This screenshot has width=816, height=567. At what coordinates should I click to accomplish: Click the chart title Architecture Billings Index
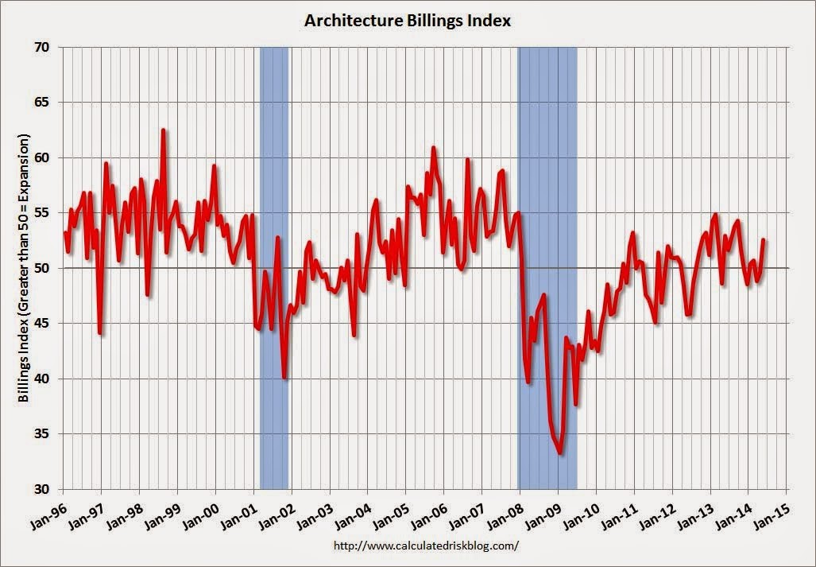408,21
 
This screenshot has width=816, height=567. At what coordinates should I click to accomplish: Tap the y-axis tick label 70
43,48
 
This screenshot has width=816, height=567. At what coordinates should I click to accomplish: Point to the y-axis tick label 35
43,434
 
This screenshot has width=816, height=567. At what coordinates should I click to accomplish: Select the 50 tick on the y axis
43,269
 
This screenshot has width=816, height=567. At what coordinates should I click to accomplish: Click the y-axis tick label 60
43,158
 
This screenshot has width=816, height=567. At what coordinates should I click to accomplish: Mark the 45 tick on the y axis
43,324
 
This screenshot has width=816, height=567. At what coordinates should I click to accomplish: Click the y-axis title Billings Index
25,268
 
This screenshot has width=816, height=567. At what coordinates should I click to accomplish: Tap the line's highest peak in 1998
163,130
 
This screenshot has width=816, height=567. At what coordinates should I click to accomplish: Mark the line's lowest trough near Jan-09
560,453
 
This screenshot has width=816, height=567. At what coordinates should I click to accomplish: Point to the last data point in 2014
764,239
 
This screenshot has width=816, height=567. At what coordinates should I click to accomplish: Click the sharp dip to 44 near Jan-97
100,333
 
